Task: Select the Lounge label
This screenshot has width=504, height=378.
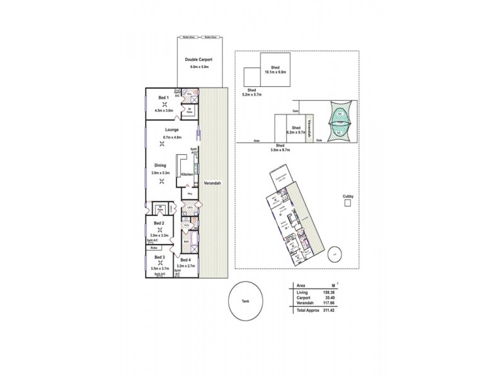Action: pyautogui.click(x=163, y=130)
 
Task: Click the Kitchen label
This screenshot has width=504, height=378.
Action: pyautogui.click(x=187, y=175)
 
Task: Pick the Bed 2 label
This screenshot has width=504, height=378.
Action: pyautogui.click(x=159, y=223)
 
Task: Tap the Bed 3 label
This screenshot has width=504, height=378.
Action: pyautogui.click(x=159, y=257)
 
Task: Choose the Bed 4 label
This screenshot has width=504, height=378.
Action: pyautogui.click(x=185, y=260)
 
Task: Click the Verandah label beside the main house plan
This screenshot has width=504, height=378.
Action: pyautogui.click(x=211, y=182)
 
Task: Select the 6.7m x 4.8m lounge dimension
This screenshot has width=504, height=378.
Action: pyautogui.click(x=163, y=137)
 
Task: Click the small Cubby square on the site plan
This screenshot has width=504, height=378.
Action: pyautogui.click(x=346, y=205)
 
